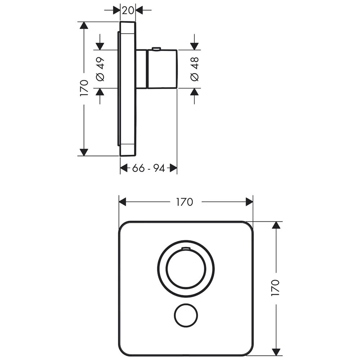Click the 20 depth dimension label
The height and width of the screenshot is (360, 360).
pos(128,10)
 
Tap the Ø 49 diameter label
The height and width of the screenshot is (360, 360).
pos(100,69)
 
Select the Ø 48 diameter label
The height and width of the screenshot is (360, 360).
pos(195,69)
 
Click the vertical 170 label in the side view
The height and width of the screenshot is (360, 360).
pos(84,88)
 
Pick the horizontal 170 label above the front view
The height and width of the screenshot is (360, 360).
pos(185,202)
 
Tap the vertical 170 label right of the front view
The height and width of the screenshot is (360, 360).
pos(275,288)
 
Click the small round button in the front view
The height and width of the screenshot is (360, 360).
pos(186,315)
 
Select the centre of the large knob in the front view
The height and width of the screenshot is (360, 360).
pos(186,269)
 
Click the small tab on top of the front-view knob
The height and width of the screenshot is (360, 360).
pos(186,248)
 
